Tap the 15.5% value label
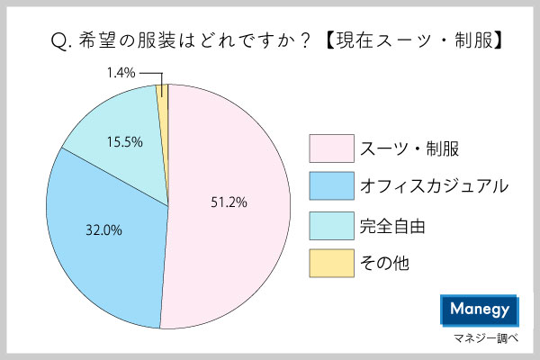click(122, 142)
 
